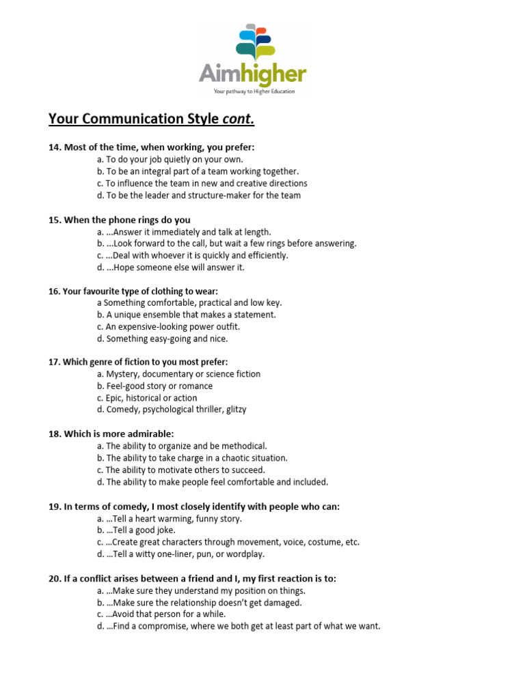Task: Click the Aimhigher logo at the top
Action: coord(252,60)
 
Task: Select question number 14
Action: coord(55,147)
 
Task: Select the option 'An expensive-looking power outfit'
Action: coord(169,326)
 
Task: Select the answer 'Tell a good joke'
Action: coord(137,530)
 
